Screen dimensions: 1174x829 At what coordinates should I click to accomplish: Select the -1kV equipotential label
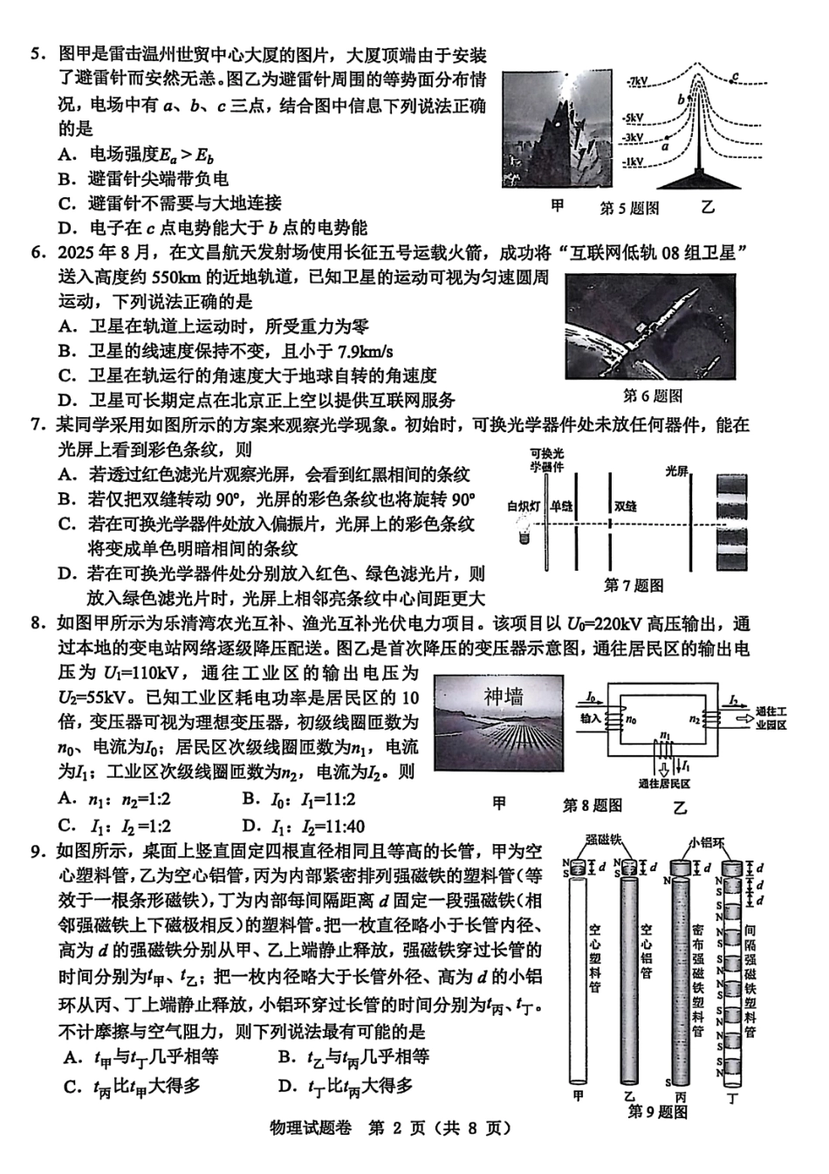[x=634, y=162]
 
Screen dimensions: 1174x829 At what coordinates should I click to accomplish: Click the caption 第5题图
[x=629, y=208]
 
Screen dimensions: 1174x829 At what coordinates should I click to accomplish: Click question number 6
[x=36, y=253]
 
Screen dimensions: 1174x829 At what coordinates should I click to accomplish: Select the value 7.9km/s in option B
[x=364, y=351]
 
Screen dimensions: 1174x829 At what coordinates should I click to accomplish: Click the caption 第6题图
[x=653, y=395]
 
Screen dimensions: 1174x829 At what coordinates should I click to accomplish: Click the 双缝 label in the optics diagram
[x=625, y=506]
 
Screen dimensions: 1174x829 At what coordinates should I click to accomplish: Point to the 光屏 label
[x=677, y=471]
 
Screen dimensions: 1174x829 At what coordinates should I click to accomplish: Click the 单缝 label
[x=561, y=506]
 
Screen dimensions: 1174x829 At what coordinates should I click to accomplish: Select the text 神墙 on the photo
[x=504, y=697]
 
